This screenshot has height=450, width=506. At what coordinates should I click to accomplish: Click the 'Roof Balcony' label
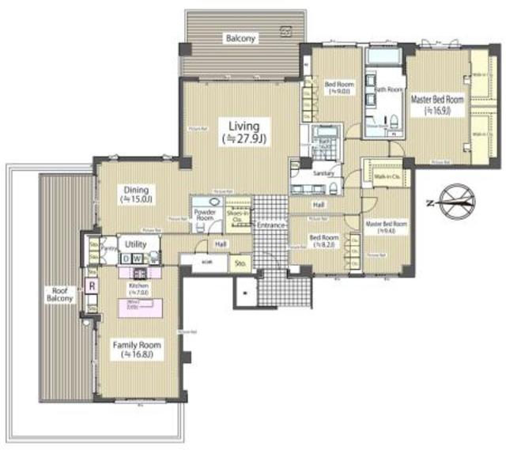(59, 293)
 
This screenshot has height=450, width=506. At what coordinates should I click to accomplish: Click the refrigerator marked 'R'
(93, 286)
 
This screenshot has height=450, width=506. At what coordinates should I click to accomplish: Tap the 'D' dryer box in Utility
(126, 259)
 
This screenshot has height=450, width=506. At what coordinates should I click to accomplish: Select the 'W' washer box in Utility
(138, 259)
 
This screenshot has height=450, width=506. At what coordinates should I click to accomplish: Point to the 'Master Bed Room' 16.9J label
(436, 104)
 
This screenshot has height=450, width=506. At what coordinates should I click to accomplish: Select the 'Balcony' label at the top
(240, 38)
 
